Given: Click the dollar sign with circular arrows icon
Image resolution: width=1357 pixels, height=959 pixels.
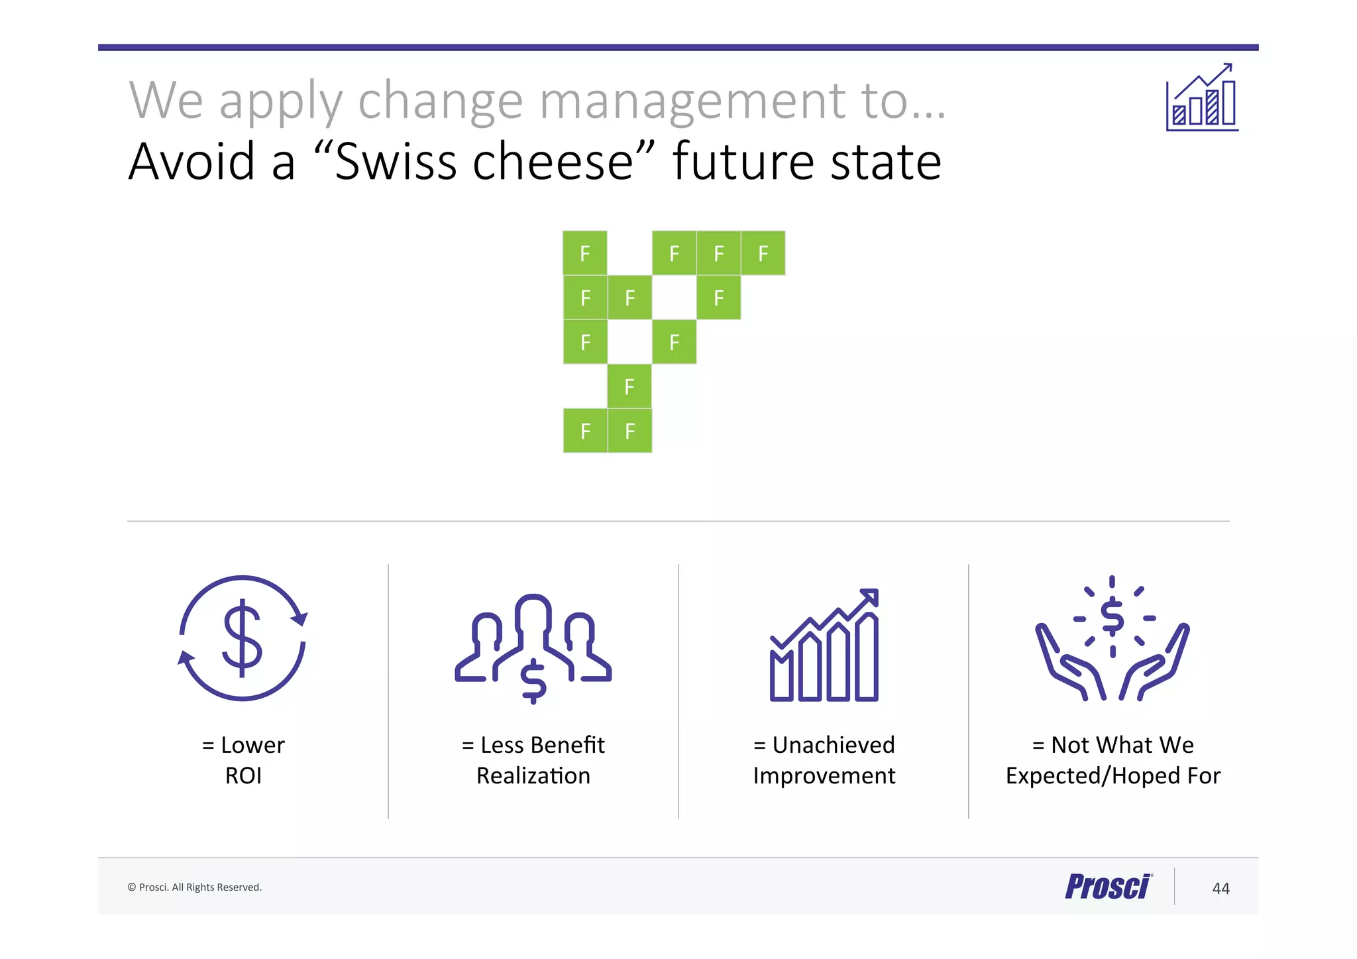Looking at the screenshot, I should [243, 638].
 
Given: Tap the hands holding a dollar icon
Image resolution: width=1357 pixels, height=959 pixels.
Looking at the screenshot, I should [1113, 639].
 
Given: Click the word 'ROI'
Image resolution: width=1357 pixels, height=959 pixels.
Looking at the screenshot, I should [243, 775].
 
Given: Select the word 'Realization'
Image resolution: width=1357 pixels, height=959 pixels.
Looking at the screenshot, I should [533, 775].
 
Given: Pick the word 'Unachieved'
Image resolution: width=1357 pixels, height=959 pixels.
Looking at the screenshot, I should [834, 745].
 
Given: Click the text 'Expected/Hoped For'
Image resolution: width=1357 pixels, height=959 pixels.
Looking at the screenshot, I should [1113, 775].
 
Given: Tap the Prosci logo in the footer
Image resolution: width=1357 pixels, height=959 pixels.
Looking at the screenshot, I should [1108, 887].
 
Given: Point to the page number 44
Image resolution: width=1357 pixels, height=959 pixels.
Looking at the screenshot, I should [1221, 888].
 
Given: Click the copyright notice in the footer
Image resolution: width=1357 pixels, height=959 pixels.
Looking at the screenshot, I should [195, 887].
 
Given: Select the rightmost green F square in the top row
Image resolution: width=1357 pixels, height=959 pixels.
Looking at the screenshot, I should [763, 253].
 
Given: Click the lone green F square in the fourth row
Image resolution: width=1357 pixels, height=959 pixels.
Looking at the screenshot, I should [629, 386].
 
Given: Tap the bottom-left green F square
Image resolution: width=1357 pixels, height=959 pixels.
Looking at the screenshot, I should [585, 431].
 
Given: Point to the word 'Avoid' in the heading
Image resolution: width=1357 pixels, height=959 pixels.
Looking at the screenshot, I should [191, 162].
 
